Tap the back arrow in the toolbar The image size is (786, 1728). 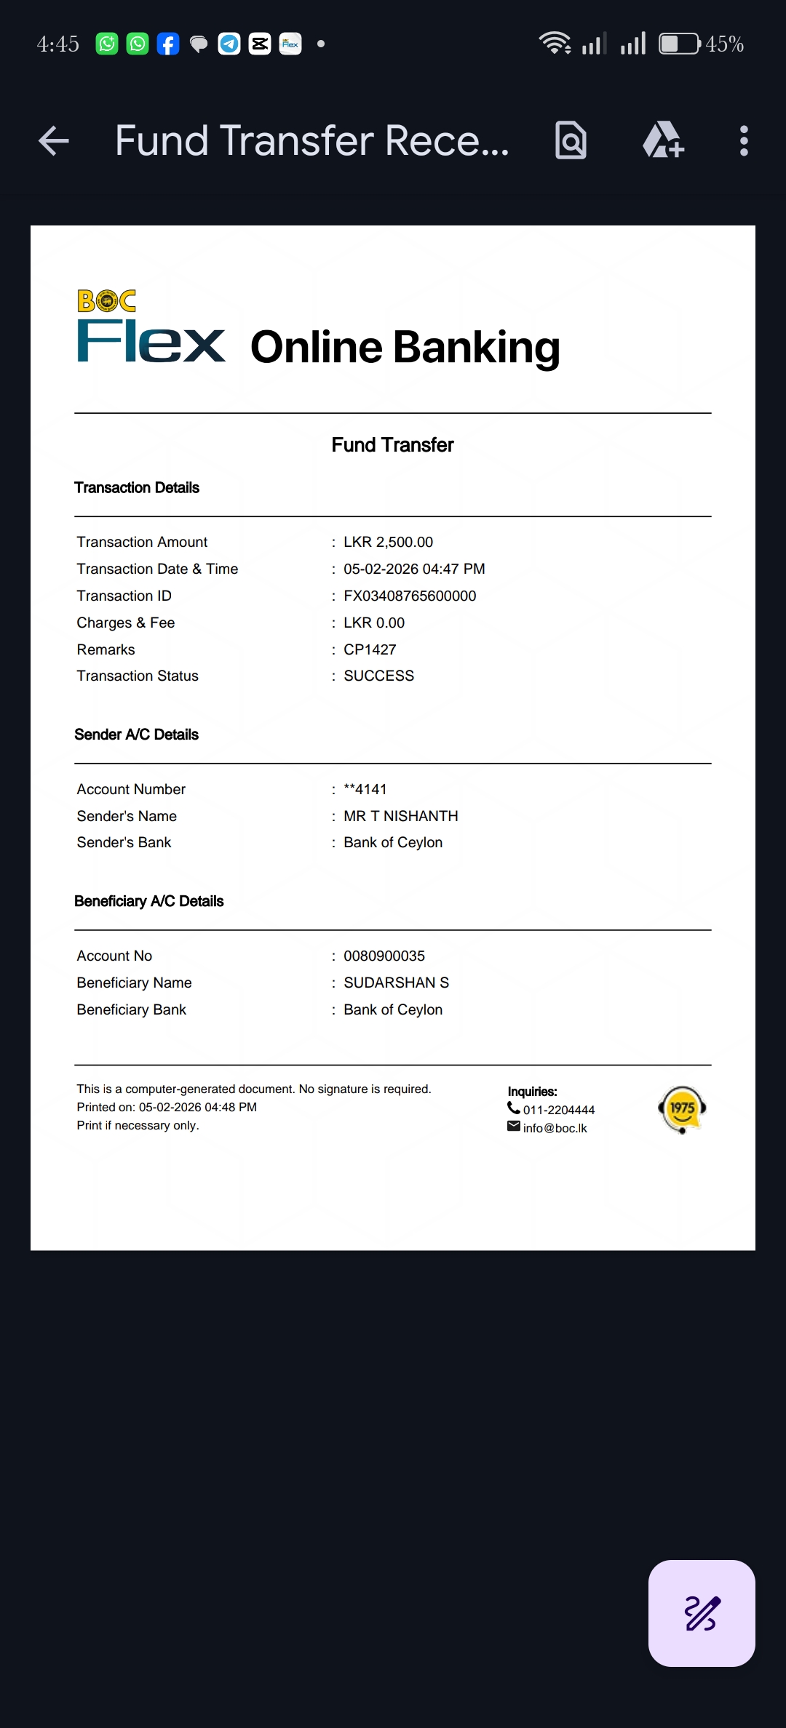(54, 140)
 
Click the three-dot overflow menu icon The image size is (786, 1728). (743, 140)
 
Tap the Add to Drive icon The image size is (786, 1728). (663, 140)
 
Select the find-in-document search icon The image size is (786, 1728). (571, 140)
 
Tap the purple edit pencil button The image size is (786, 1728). (702, 1613)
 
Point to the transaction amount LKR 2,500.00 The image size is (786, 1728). (388, 542)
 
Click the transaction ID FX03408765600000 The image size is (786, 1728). (410, 596)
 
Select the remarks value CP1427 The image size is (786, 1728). (370, 649)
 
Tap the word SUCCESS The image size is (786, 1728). (378, 676)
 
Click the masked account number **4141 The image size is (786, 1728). (365, 789)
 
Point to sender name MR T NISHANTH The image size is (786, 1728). (400, 816)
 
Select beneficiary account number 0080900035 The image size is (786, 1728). (384, 956)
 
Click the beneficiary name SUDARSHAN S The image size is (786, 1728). (396, 983)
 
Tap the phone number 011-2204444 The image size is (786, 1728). (558, 1110)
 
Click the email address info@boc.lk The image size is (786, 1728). (555, 1128)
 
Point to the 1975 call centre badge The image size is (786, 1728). (682, 1109)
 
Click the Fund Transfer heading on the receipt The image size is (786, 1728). (392, 445)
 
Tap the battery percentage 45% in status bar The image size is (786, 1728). (724, 44)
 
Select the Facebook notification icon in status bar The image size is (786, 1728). (168, 44)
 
